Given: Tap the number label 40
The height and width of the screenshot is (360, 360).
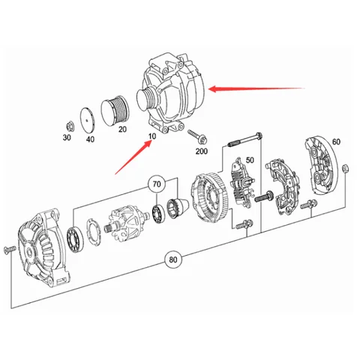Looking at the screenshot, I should click(x=91, y=139).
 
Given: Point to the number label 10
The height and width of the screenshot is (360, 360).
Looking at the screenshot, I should click(x=152, y=136).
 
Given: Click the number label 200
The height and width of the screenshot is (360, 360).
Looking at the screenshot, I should click(x=201, y=151).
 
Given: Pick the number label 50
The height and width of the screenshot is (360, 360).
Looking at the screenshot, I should click(x=250, y=160).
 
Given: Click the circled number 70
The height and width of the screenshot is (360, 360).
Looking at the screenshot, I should click(x=157, y=183).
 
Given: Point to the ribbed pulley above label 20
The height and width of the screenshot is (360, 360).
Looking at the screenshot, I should click(x=120, y=111).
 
